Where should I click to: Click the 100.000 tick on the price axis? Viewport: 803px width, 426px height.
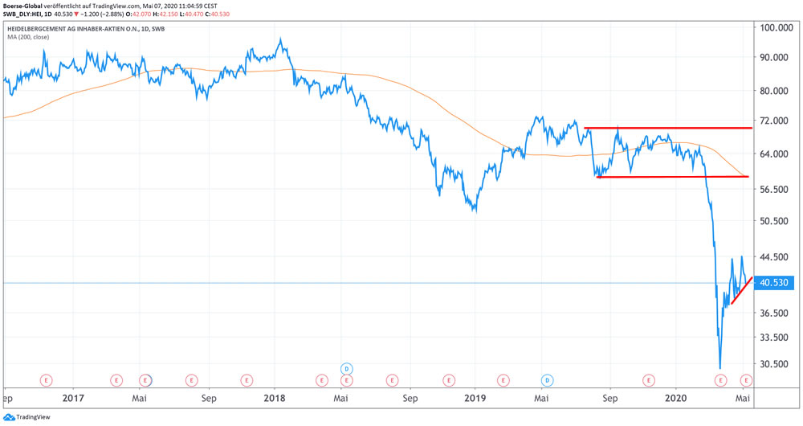pos(776,27)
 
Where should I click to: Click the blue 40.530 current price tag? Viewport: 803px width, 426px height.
pos(775,283)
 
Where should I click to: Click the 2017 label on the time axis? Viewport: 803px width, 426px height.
pos(73,398)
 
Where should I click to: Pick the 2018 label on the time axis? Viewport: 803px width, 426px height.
pos(275,398)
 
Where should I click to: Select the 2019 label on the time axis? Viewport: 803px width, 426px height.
pos(475,398)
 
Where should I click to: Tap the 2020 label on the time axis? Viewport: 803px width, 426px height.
pos(677,398)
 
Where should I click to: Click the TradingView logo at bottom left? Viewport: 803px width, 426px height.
pos(24,417)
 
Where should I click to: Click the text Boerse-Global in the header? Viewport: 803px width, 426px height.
pos(23,5)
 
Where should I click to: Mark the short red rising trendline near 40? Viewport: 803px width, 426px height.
pos(741,290)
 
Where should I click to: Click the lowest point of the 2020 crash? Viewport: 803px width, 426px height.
pos(719,368)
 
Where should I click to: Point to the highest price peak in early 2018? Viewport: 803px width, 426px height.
pos(280,39)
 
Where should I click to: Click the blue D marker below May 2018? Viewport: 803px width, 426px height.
pos(347,368)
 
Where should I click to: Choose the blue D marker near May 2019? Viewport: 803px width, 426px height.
pos(547,379)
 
